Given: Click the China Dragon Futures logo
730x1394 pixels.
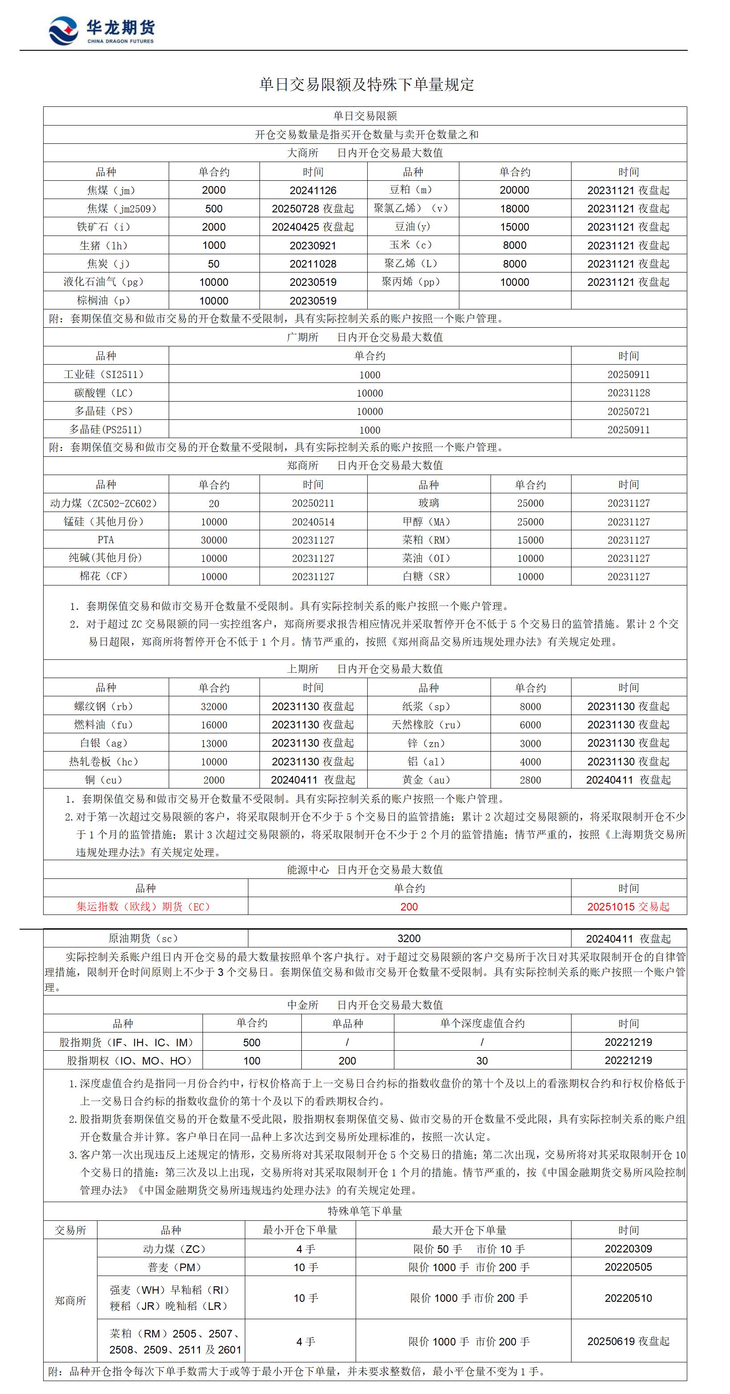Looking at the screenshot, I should pos(101,31).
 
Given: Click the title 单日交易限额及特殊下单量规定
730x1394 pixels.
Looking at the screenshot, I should pos(366,85).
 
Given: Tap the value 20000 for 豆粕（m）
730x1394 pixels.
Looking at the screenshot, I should pos(514,190).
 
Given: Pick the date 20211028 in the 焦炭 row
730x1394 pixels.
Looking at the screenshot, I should pos(313,264).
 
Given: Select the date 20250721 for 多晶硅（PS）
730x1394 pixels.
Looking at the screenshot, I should pos(628,411).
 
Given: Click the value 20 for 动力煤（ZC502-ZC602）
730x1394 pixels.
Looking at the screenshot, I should pos(214,503).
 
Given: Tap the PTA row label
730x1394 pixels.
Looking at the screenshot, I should pos(105,540).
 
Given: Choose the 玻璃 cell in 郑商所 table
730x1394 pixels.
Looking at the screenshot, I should pos(428,503).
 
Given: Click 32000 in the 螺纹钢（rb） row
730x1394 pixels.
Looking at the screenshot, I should pos(214,707).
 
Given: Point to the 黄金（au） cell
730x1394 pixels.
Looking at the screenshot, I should pos(428,780).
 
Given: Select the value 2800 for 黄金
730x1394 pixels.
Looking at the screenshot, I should pos(530,780).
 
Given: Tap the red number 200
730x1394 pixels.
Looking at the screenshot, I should pos(409,907).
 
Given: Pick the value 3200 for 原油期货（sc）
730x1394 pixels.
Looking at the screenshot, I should pos(409,939).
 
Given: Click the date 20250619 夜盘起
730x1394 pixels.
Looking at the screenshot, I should pos(628,1341).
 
